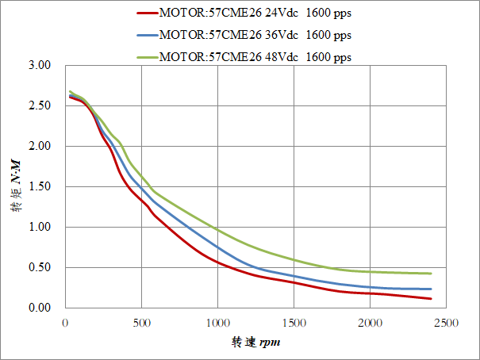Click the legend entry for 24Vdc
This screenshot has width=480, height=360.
[x=255, y=13]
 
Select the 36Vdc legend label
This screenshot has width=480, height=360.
[x=255, y=35]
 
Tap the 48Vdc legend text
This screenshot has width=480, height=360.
[x=255, y=57]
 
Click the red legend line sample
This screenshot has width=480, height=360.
[x=147, y=13]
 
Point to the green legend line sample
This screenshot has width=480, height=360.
[x=147, y=57]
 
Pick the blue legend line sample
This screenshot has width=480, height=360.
[x=147, y=35]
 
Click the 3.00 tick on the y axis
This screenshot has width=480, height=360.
[x=39, y=65]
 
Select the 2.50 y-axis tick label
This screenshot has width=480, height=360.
[x=39, y=105]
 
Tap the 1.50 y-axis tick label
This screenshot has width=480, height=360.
[x=39, y=186]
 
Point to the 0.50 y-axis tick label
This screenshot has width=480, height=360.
[x=39, y=267]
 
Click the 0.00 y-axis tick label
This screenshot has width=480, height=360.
[x=39, y=308]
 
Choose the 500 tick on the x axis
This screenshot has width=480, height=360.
[x=141, y=323]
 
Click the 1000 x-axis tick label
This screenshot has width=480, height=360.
[x=217, y=323]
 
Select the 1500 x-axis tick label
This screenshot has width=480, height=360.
[x=294, y=323]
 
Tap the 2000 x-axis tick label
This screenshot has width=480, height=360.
[x=370, y=323]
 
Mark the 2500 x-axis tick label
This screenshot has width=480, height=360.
[x=446, y=323]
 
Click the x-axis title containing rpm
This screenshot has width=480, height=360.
[x=255, y=343]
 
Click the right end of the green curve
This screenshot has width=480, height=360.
[x=431, y=274]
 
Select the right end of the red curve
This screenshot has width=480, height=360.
[x=431, y=299]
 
